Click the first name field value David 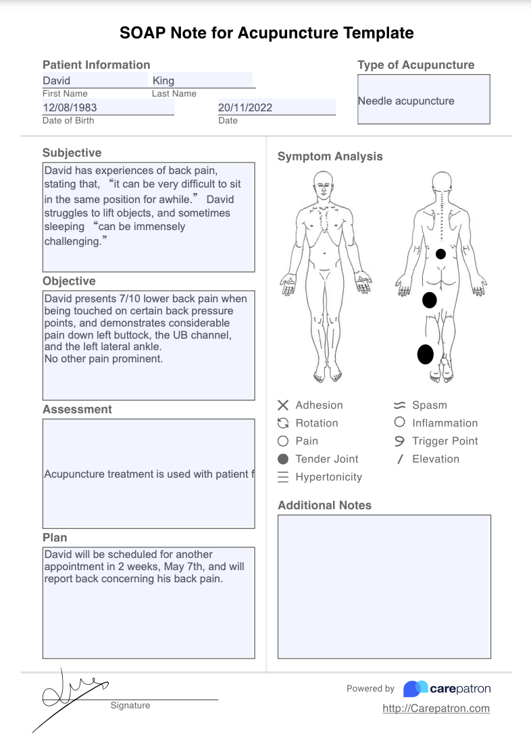pyautogui.click(x=57, y=80)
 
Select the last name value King pyautogui.click(x=163, y=80)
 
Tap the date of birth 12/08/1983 pyautogui.click(x=69, y=107)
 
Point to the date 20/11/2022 pyautogui.click(x=245, y=107)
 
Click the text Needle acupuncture pyautogui.click(x=406, y=101)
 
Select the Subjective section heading pyautogui.click(x=72, y=152)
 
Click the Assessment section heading pyautogui.click(x=77, y=409)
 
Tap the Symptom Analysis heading pyautogui.click(x=330, y=156)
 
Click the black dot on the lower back pyautogui.click(x=440, y=254)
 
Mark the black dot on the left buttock pyautogui.click(x=429, y=300)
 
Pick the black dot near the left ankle pyautogui.click(x=425, y=354)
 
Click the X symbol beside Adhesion pyautogui.click(x=283, y=405)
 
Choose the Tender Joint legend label pyautogui.click(x=327, y=459)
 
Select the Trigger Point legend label pyautogui.click(x=445, y=441)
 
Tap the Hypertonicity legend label pyautogui.click(x=329, y=476)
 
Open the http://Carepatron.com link pyautogui.click(x=436, y=708)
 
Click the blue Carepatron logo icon pyautogui.click(x=415, y=689)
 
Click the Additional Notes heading pyautogui.click(x=324, y=505)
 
